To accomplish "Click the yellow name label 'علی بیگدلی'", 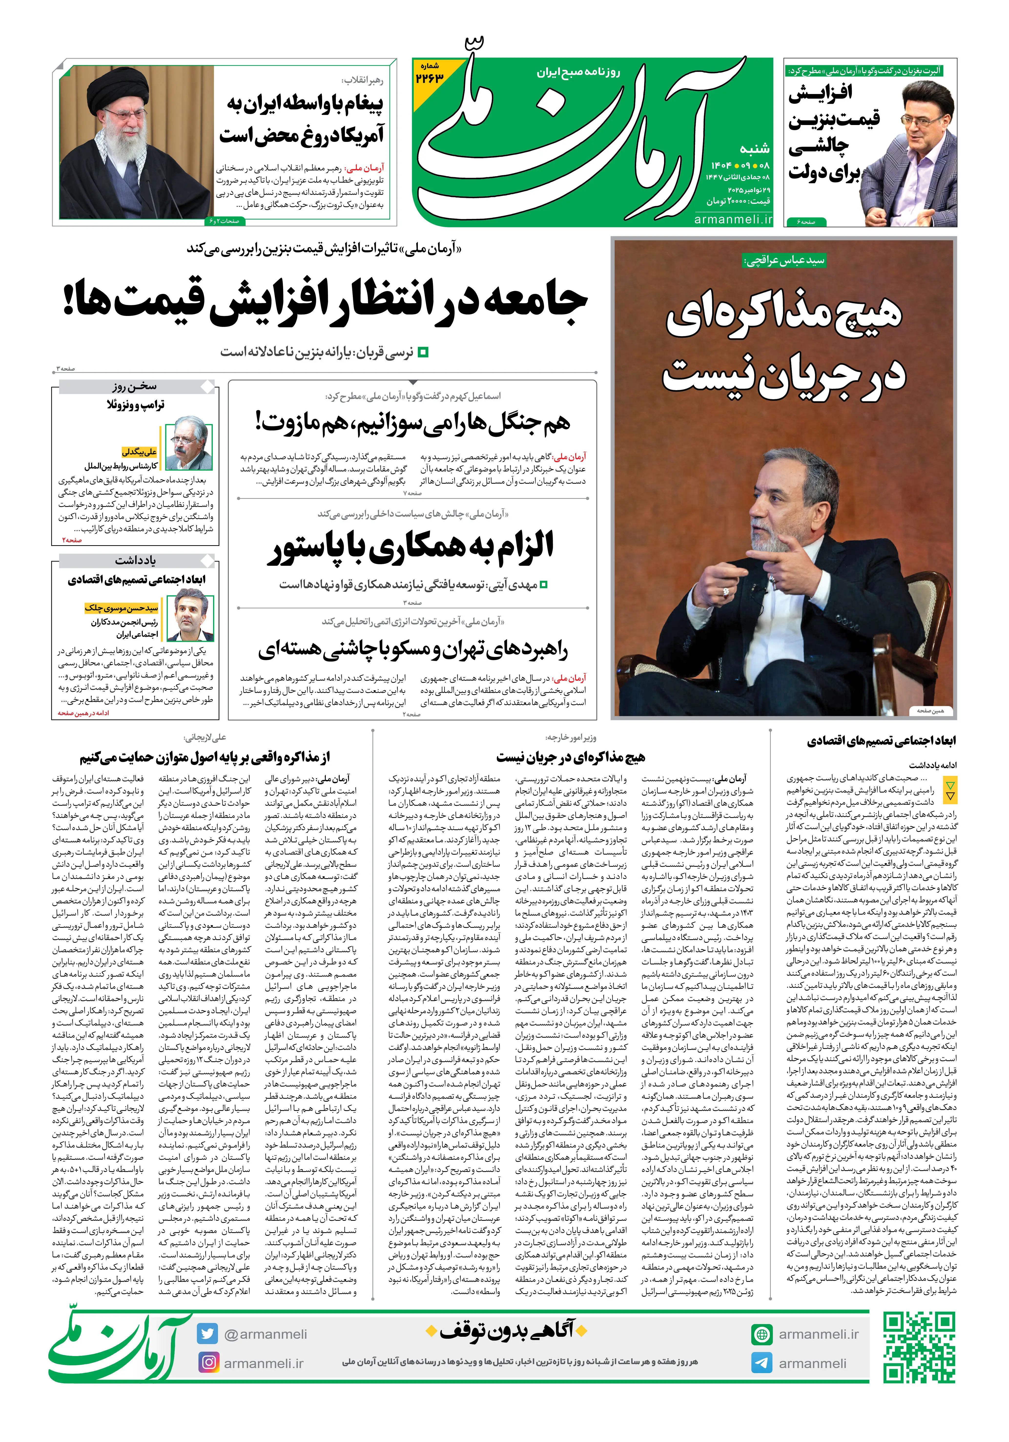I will pyautogui.click(x=139, y=451).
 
